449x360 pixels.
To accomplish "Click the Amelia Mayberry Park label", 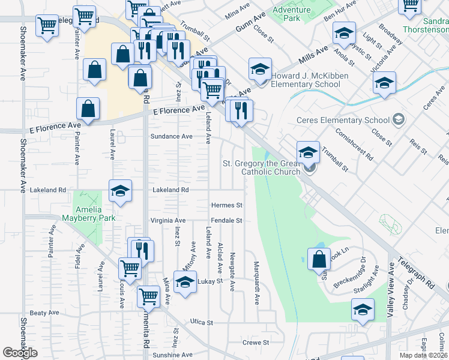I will click(95, 214).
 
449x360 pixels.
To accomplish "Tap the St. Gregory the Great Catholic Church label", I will click(262, 168).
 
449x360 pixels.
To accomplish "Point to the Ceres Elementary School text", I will click(343, 120).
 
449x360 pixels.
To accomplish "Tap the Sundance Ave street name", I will click(171, 136).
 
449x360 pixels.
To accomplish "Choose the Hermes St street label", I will click(226, 205).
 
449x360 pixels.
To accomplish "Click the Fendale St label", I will click(226, 220).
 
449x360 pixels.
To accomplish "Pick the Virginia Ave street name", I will click(168, 220).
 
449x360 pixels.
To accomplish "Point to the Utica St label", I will click(202, 323).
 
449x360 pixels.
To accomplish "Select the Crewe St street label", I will click(256, 343).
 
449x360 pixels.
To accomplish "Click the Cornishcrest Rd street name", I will click(354, 145).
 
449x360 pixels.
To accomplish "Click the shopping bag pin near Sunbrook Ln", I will click(319, 260).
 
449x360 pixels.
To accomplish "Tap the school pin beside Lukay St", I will click(185, 282).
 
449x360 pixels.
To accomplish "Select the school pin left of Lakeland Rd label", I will click(120, 191).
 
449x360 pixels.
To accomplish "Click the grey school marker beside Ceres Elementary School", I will click(397, 120).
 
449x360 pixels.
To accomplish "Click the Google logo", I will click(20, 353).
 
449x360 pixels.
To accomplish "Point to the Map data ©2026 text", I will click(423, 355).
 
